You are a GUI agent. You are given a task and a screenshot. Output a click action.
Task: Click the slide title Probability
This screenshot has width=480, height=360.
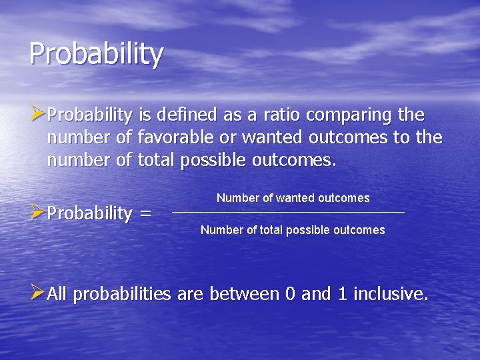(x=96, y=53)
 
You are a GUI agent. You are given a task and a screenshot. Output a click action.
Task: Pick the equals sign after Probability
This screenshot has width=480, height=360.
(x=145, y=214)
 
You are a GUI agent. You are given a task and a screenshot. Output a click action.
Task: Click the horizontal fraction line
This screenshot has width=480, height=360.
(x=288, y=213)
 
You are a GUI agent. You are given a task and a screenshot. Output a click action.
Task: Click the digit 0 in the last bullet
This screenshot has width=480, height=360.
(x=290, y=294)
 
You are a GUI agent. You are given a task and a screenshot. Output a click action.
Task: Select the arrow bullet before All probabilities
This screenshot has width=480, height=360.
(x=37, y=293)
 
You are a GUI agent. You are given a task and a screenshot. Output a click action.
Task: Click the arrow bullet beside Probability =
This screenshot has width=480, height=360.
(x=37, y=212)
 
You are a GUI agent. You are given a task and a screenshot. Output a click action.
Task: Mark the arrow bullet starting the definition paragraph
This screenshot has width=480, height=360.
(x=37, y=114)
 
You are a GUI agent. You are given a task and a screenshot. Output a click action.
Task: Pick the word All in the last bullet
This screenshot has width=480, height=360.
(x=57, y=294)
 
